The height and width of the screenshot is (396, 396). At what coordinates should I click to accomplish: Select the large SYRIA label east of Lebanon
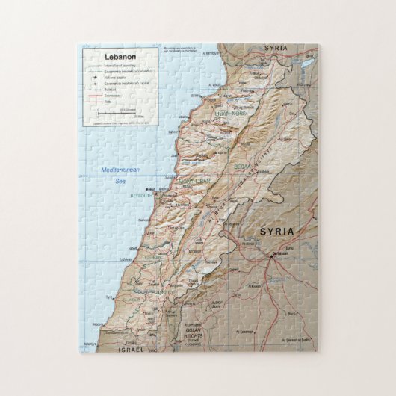pos(276,232)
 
